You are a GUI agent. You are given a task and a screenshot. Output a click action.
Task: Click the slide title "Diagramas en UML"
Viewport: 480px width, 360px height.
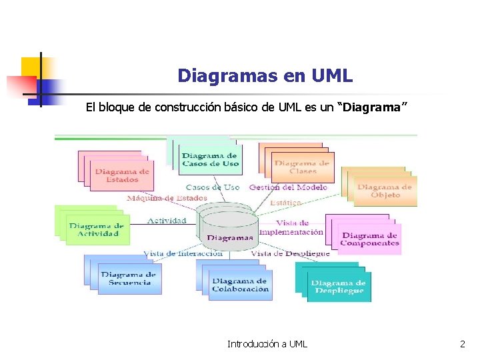coord(265,76)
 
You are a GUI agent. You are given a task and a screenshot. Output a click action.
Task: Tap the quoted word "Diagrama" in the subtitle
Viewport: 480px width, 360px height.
coord(373,108)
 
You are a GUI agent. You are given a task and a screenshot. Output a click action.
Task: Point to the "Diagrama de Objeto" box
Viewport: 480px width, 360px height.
coord(384,191)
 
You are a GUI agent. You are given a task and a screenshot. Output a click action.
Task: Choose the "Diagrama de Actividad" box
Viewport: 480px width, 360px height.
coord(96,229)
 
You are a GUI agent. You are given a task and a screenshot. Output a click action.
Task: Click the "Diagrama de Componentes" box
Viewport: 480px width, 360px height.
coord(369,239)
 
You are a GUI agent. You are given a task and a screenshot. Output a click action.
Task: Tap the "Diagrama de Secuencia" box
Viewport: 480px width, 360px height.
coord(129,278)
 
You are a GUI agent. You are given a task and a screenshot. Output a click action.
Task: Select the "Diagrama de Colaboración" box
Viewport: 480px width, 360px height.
coord(240,285)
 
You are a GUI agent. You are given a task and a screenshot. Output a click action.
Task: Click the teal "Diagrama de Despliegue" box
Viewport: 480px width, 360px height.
coord(338,287)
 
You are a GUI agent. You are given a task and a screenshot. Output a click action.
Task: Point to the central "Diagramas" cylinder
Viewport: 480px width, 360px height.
coord(229,231)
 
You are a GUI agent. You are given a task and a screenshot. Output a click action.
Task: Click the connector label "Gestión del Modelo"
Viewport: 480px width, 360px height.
coord(288,187)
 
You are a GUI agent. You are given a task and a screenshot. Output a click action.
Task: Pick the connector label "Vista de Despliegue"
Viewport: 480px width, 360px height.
coord(290,253)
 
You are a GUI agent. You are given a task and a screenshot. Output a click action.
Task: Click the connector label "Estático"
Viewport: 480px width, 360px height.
coord(285,202)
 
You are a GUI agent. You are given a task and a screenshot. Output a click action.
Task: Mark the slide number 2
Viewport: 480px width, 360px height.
coord(463,344)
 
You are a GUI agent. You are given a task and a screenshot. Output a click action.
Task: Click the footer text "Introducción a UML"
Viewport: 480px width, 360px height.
coord(267,344)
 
